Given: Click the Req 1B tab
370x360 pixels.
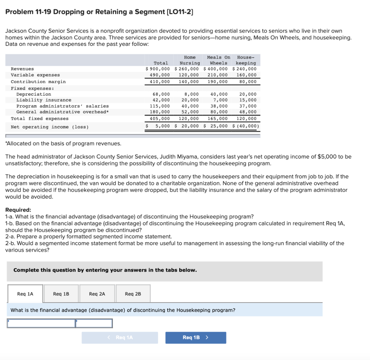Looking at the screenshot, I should (x=61, y=294).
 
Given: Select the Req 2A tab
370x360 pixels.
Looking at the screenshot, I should (x=97, y=294).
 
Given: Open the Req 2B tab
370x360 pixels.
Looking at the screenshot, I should (x=133, y=294).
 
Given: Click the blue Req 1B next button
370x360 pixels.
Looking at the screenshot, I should (x=195, y=338).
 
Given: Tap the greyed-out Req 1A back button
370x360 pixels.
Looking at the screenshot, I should (x=120, y=338).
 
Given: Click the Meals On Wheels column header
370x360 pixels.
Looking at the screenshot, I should (x=218, y=60).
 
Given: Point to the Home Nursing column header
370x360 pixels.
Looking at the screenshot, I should (x=190, y=60).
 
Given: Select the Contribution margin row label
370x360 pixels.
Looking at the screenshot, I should (x=38, y=82).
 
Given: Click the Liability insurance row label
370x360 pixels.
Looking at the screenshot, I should (x=44, y=100).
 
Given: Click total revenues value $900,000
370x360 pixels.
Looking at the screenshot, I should (x=158, y=69).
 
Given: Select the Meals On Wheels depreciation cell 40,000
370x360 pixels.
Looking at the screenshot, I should (x=219, y=94).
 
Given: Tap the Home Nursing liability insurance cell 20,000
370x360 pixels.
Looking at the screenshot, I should (x=190, y=100).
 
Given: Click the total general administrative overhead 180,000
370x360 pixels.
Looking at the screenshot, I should (x=160, y=112).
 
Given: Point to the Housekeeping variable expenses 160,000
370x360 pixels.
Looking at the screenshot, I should (x=246, y=75).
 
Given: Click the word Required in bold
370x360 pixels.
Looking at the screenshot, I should (x=18, y=210).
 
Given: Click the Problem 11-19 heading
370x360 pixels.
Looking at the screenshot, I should (x=99, y=12).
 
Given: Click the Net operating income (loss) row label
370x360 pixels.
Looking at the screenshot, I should (x=50, y=127).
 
